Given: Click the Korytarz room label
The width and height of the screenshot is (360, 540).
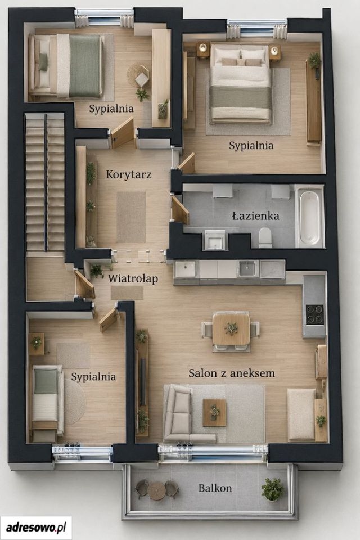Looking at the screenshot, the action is point(128,174).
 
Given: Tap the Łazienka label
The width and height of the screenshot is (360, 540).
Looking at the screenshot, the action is point(255,216).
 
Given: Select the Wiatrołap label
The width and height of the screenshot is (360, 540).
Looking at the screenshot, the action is point(133,278).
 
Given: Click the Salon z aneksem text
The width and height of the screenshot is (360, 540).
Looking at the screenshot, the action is point(232,373).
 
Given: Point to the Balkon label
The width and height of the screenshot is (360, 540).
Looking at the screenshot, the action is point(215,488).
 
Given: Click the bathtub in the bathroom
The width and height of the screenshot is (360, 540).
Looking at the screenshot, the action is point(309,216).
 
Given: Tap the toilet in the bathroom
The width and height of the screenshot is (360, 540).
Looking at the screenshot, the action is point(265,237).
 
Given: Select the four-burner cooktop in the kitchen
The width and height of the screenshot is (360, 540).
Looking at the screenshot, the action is point(315,314).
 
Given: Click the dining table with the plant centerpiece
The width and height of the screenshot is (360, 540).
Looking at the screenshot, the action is point(231,328).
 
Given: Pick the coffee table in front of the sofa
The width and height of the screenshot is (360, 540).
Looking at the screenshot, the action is point(214,412).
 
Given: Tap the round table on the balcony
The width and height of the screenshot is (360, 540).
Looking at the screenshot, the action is point(157,489).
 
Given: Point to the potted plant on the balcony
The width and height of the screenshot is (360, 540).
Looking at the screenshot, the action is point(272,489).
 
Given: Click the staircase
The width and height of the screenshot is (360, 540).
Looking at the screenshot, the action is point(45,182).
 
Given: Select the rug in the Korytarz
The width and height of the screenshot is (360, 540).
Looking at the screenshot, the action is point(131,217).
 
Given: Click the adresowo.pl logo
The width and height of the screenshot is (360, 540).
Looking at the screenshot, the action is point(36,527).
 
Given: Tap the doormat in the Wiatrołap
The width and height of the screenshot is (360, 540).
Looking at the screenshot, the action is point(127,292).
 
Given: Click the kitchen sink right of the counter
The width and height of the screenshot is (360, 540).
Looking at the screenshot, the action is point(247,268).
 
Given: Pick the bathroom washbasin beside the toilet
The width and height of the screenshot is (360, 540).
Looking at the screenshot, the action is point(215,240).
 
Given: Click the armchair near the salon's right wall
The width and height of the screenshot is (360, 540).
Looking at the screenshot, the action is point(301,415).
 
